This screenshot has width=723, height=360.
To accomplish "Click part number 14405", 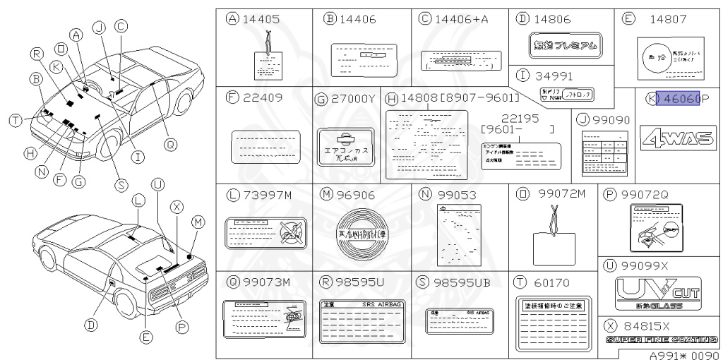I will pos(260,19).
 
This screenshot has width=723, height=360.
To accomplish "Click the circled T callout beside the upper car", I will pos(15,121).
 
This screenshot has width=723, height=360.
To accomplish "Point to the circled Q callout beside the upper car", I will pos(169,144).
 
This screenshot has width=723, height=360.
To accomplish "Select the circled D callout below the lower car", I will pos(90,325).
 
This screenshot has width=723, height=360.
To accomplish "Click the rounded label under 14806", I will pos(565,47).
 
